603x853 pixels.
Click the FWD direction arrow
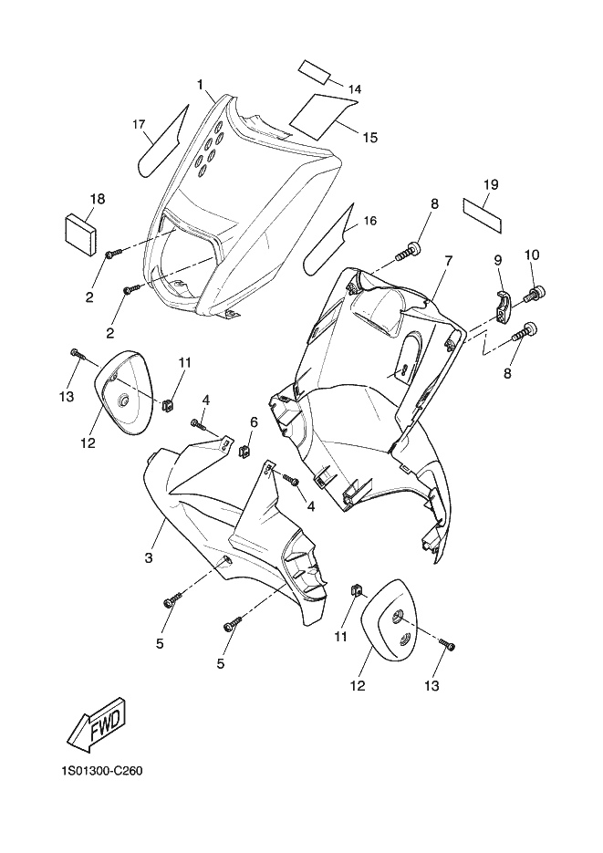click(95, 725)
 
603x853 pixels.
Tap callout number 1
click(200, 85)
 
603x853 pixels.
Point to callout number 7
click(448, 261)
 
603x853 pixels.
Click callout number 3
click(148, 557)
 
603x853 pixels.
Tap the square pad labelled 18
click(82, 232)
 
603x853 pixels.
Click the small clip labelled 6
click(244, 450)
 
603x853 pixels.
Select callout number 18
click(98, 199)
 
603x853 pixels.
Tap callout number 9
click(498, 260)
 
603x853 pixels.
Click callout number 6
click(254, 421)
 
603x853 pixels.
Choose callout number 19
click(491, 185)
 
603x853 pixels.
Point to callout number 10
click(532, 255)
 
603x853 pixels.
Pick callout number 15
click(369, 138)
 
